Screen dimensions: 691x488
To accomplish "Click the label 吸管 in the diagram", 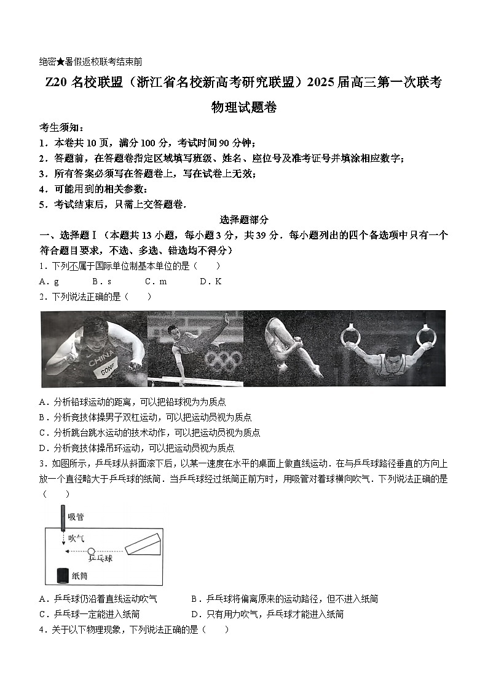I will tap(76, 516).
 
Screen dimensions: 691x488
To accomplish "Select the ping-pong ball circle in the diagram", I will tap(91, 551).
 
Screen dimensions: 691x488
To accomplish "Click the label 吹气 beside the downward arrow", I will tap(76, 537).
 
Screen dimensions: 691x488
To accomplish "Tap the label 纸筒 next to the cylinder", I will tap(80, 576).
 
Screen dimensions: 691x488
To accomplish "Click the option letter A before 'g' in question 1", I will tap(42, 281).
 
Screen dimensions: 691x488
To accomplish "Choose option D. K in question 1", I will tap(210, 281).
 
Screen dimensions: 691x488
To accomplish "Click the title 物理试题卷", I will tap(244, 108).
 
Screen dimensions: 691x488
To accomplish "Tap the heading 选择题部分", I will tap(244, 220).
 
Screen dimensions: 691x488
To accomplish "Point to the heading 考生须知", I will tap(60, 127).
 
